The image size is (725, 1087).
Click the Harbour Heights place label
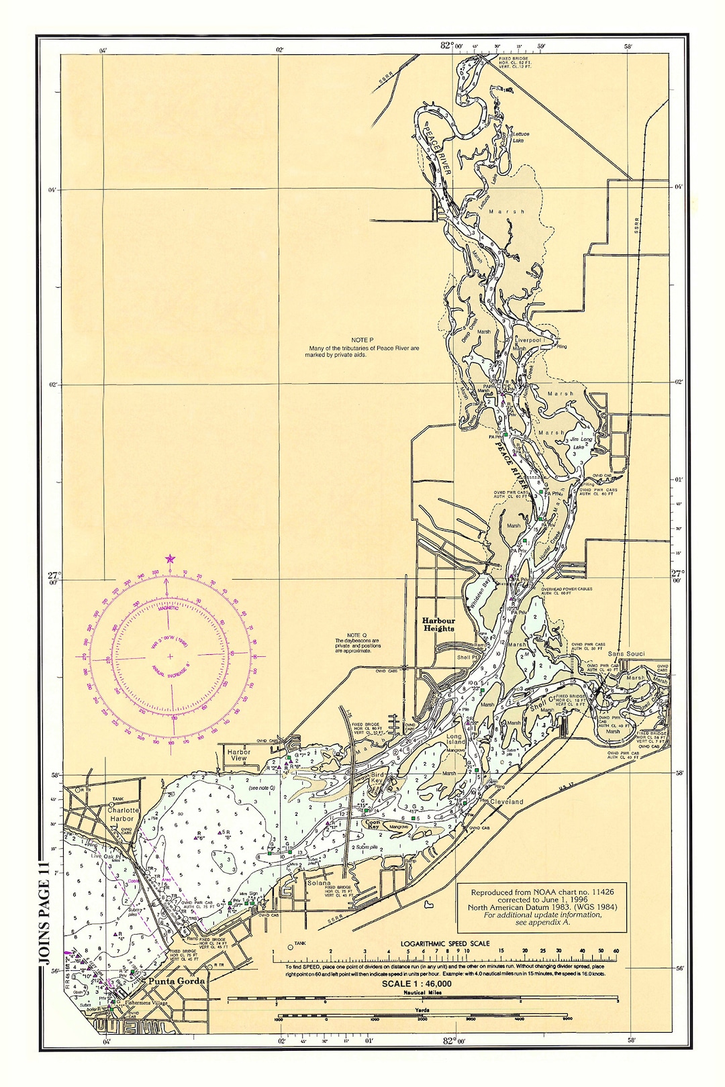tap(438, 625)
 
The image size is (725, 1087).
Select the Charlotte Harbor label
tap(122, 814)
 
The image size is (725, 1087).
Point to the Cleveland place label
tap(506, 801)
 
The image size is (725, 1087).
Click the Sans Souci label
tap(626, 653)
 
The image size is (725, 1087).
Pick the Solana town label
tap(319, 883)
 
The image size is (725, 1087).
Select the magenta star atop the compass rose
tap(170, 558)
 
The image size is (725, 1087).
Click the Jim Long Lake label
tap(581, 443)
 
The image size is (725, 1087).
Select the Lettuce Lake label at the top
tap(521, 137)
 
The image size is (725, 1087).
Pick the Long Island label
tap(454, 739)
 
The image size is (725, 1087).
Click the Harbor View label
tap(238, 755)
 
